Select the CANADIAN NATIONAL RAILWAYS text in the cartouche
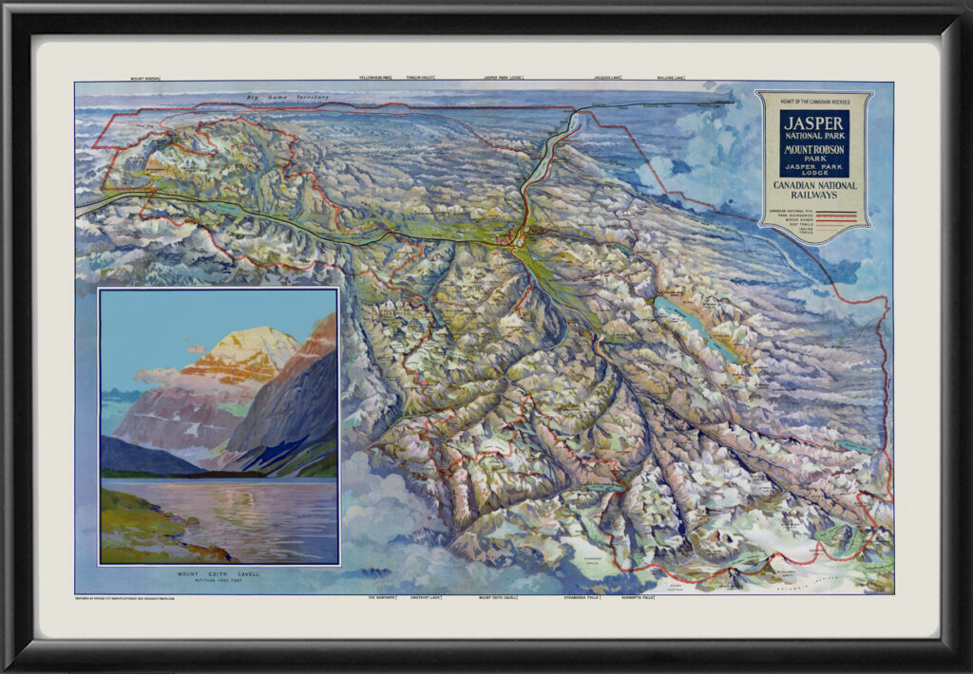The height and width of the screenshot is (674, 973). [814, 190]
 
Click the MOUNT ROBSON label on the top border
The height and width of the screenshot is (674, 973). [145, 78]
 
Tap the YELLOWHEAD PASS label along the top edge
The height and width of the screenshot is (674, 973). [375, 77]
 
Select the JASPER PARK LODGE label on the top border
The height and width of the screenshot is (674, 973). [504, 77]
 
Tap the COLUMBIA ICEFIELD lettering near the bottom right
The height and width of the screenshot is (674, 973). [827, 580]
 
